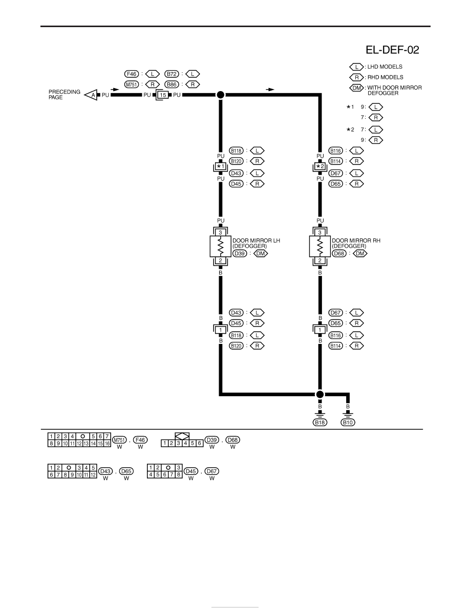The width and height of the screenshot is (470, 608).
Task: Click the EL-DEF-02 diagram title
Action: (392, 50)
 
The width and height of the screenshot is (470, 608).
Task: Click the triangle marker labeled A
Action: (92, 95)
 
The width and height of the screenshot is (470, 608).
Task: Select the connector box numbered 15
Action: (162, 95)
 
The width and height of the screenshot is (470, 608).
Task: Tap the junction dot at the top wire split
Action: (220, 95)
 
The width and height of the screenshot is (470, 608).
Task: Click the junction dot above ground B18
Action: (319, 395)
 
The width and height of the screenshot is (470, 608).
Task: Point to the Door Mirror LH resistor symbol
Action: (220, 246)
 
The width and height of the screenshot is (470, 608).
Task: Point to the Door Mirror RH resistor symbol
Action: (319, 246)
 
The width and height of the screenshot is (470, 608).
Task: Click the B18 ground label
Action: (320, 422)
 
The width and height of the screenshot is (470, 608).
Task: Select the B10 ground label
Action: (348, 422)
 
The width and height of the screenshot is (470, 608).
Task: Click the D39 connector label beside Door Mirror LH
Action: (240, 254)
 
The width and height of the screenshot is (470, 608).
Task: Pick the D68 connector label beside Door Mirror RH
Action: (339, 254)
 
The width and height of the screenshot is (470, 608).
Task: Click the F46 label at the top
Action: (132, 74)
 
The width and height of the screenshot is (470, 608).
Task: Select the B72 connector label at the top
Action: (172, 74)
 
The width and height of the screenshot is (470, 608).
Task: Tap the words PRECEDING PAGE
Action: (65, 95)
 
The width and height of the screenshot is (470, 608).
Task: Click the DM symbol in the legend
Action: (357, 88)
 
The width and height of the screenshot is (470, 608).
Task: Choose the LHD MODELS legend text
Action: (385, 67)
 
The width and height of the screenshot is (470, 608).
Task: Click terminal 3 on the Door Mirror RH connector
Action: (319, 232)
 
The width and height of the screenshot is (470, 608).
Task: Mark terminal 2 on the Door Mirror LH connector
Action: (220, 260)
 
